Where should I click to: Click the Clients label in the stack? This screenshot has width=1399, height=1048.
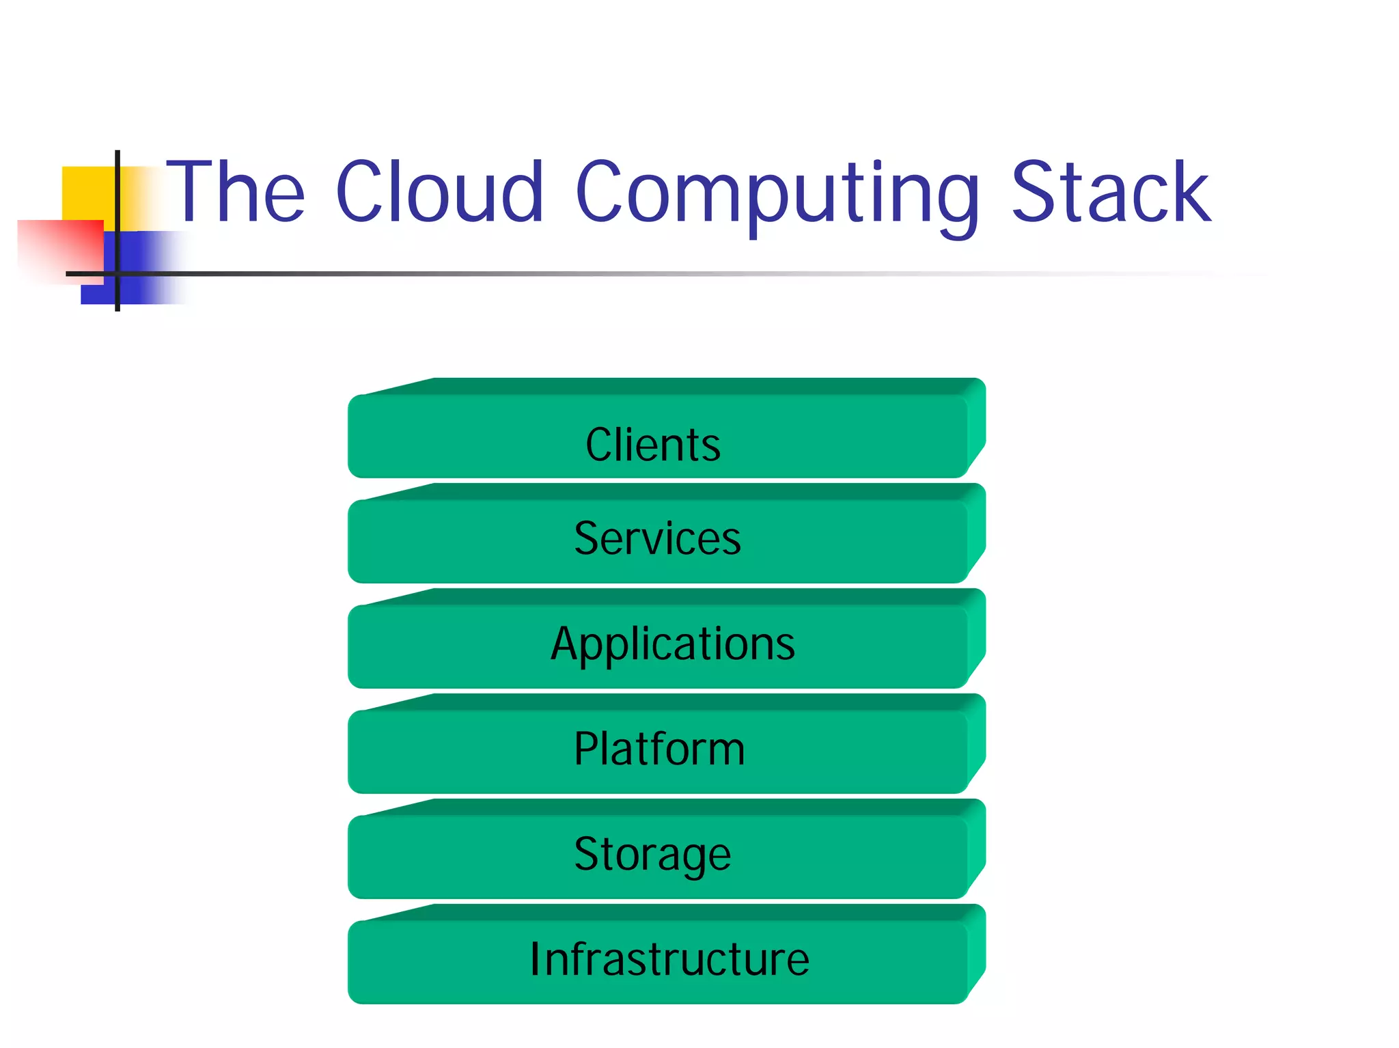pos(652,445)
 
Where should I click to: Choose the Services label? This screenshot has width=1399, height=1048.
pos(657,538)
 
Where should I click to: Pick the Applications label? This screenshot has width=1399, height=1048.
pos(673,644)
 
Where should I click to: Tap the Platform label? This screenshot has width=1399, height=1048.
pos(659,749)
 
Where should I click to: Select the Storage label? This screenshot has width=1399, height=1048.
pos(652,855)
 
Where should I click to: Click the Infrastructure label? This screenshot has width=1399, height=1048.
pos(669,959)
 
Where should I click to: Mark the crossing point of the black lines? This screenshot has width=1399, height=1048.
pos(117,274)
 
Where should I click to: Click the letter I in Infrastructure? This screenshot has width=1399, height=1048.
pos(536,959)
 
